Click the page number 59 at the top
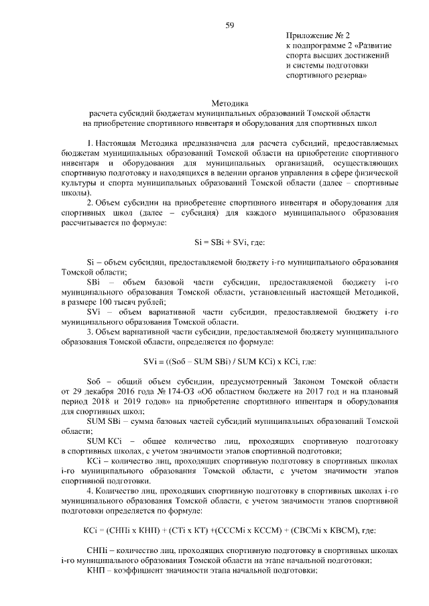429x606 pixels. tap(229, 25)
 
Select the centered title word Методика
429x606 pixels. tap(229, 104)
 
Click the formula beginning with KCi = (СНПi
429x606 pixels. tap(229, 530)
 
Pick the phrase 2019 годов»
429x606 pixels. tap(154, 402)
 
